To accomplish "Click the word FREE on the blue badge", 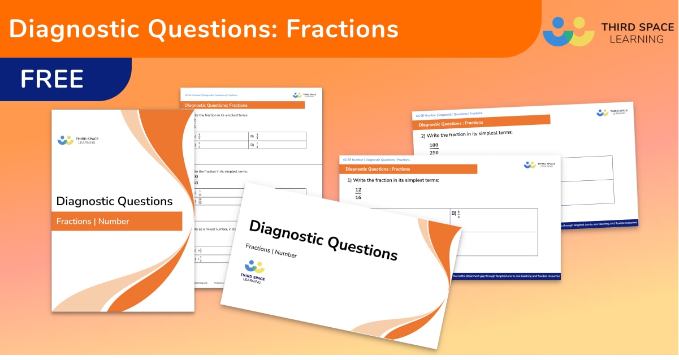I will (52, 79).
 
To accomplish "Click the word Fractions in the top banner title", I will (342, 29).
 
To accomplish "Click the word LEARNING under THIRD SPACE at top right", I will (632, 39).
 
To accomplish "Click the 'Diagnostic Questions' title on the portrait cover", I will (114, 201).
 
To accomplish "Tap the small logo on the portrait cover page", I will (66, 140).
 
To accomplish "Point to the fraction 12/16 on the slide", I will (357, 193).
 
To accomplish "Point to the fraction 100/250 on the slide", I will (434, 149).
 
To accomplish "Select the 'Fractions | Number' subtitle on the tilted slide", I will (271, 251).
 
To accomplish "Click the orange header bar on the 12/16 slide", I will (408, 169).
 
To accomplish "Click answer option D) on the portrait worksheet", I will (254, 145).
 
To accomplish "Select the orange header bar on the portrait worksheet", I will (243, 105).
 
